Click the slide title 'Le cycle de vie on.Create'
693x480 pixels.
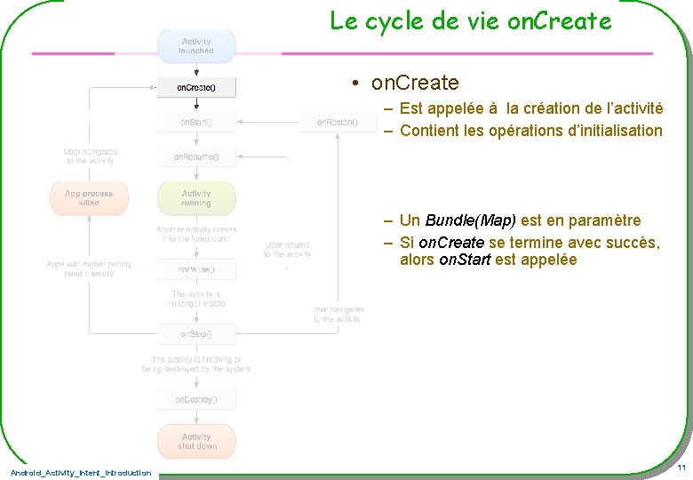(x=470, y=20)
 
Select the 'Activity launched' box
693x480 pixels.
(x=196, y=46)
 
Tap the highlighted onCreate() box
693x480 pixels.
(x=196, y=87)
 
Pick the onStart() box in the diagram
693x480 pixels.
(x=196, y=122)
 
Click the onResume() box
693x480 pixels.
(x=196, y=157)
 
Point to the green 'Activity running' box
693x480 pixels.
(x=196, y=198)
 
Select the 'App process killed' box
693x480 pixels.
(x=89, y=198)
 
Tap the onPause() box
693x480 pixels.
(x=196, y=268)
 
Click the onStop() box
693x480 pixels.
(x=196, y=334)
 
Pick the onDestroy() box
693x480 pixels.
(x=196, y=400)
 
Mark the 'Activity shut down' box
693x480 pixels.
(x=196, y=441)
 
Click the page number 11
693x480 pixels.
(x=681, y=468)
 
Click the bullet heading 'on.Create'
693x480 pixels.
(x=415, y=84)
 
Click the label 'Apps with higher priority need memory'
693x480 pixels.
(x=89, y=269)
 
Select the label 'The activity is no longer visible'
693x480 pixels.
(x=196, y=299)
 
